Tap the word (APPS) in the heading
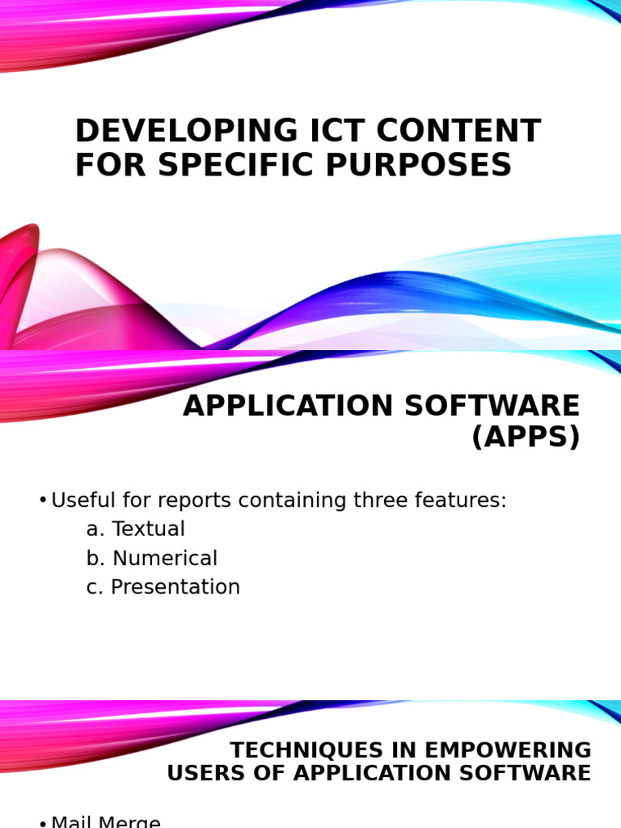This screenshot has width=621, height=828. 526,437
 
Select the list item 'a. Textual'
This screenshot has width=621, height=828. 136,529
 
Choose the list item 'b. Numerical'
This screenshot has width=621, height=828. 152,558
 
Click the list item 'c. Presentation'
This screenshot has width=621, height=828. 163,587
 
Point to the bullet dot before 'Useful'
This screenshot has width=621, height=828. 43,501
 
